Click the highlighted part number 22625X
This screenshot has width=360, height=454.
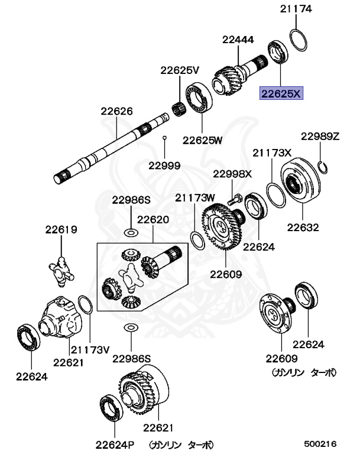[282, 93]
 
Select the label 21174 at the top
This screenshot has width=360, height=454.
[296, 9]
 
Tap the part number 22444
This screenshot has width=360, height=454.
[238, 40]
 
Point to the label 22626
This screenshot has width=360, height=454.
[116, 111]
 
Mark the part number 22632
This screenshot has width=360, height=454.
[303, 228]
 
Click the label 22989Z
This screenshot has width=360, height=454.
[320, 136]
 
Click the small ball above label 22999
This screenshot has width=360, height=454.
[165, 138]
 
